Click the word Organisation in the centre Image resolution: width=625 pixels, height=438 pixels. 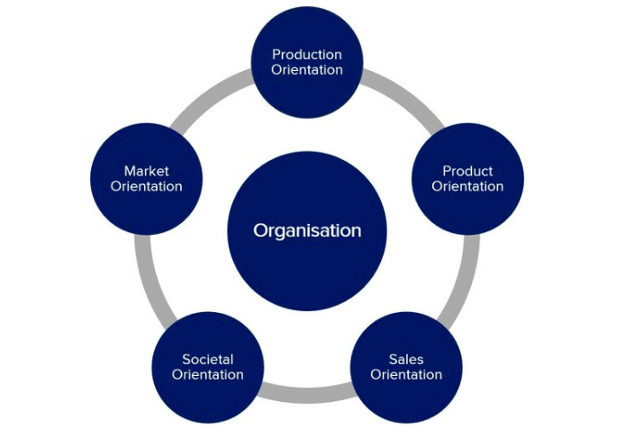point(307,230)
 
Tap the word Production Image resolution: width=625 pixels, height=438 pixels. point(307,54)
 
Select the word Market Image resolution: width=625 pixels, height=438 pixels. point(147,171)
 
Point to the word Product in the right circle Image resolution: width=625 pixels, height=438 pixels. point(467,171)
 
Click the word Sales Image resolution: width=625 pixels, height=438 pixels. point(406,359)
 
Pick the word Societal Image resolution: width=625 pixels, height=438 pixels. point(208,359)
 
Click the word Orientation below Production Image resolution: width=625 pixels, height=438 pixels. point(307,69)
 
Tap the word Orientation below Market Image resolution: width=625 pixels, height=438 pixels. point(147,186)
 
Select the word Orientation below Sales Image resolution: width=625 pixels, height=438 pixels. point(406,374)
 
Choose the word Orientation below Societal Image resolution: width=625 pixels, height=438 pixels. point(208,374)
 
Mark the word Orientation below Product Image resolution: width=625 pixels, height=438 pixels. point(467,186)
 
